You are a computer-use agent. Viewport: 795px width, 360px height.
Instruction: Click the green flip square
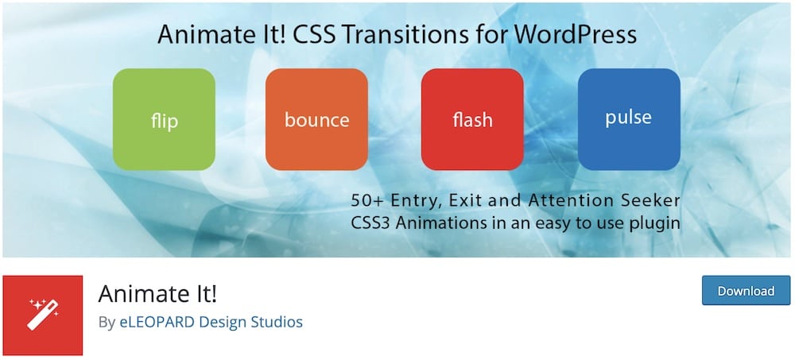pyautogui.click(x=164, y=119)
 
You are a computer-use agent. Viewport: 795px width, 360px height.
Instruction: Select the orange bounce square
pyautogui.click(x=316, y=119)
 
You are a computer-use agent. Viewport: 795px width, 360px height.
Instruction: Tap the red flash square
pyautogui.click(x=472, y=119)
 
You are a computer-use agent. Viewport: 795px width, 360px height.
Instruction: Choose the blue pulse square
pyautogui.click(x=629, y=119)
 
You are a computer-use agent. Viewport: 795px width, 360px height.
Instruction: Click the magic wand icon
pyautogui.click(x=43, y=315)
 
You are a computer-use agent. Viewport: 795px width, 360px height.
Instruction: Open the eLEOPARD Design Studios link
pyautogui.click(x=211, y=322)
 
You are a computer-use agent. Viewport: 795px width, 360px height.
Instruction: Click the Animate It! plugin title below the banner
pyautogui.click(x=157, y=293)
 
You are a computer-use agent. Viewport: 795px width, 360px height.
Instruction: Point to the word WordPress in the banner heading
pyautogui.click(x=576, y=34)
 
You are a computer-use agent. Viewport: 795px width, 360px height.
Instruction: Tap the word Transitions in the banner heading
pyautogui.click(x=401, y=34)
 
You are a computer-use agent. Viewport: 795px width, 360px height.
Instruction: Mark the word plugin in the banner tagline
pyautogui.click(x=654, y=224)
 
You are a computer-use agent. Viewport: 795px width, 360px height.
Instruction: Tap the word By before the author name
pyautogui.click(x=107, y=323)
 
